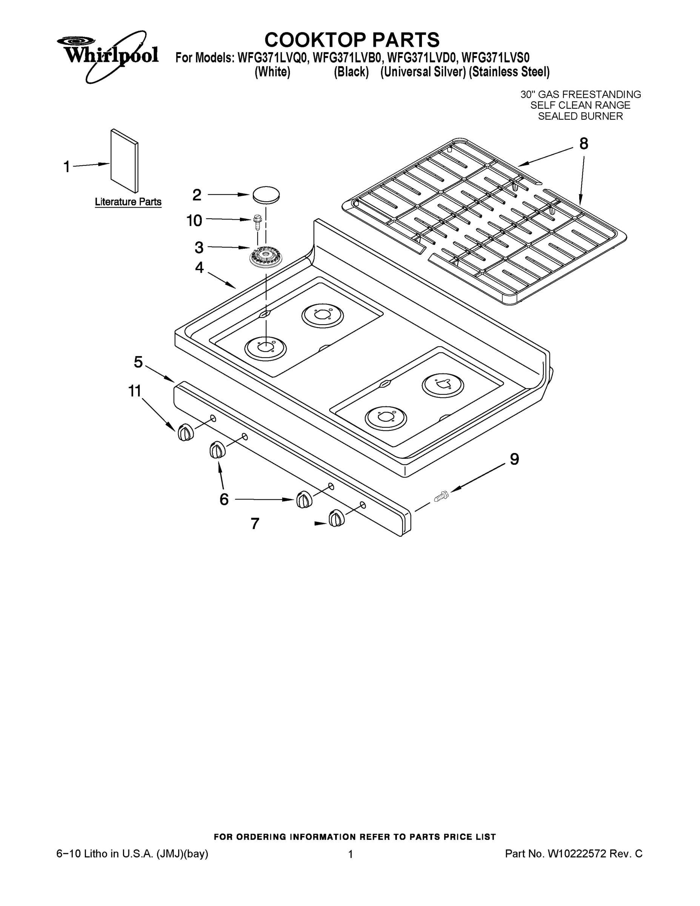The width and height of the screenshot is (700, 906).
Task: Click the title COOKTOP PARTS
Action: pos(352,40)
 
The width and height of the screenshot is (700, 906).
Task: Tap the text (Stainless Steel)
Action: pos(509,72)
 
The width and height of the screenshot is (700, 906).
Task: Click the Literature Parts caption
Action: pos(128,202)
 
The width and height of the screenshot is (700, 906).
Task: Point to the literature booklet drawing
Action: pos(125,161)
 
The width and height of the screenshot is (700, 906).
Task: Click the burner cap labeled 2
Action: pos(265,195)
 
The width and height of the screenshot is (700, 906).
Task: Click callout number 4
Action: pos(200,268)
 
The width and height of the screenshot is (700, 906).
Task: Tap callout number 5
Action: pos(138,362)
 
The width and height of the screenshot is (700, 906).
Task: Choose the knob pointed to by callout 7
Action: pos(336,519)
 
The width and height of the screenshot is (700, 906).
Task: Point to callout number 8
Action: pos(583,144)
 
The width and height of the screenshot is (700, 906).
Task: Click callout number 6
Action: pos(224,499)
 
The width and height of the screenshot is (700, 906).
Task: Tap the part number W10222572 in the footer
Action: pos(577,854)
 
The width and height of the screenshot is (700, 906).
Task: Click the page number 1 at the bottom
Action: pos(351,854)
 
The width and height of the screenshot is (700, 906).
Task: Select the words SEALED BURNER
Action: pos(580,117)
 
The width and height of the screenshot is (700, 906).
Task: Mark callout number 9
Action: pos(514,459)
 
